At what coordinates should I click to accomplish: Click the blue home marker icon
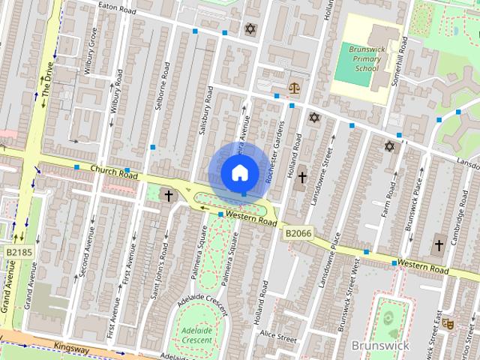pyautogui.click(x=238, y=172)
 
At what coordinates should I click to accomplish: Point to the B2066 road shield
pyautogui.click(x=298, y=234)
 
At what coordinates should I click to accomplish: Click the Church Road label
pyautogui.click(x=114, y=172)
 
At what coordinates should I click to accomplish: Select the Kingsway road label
pyautogui.click(x=71, y=348)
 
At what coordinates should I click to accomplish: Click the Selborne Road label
pyautogui.click(x=160, y=85)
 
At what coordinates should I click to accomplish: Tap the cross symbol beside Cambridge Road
pyautogui.click(x=439, y=245)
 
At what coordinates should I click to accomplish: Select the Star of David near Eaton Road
pyautogui.click(x=250, y=29)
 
